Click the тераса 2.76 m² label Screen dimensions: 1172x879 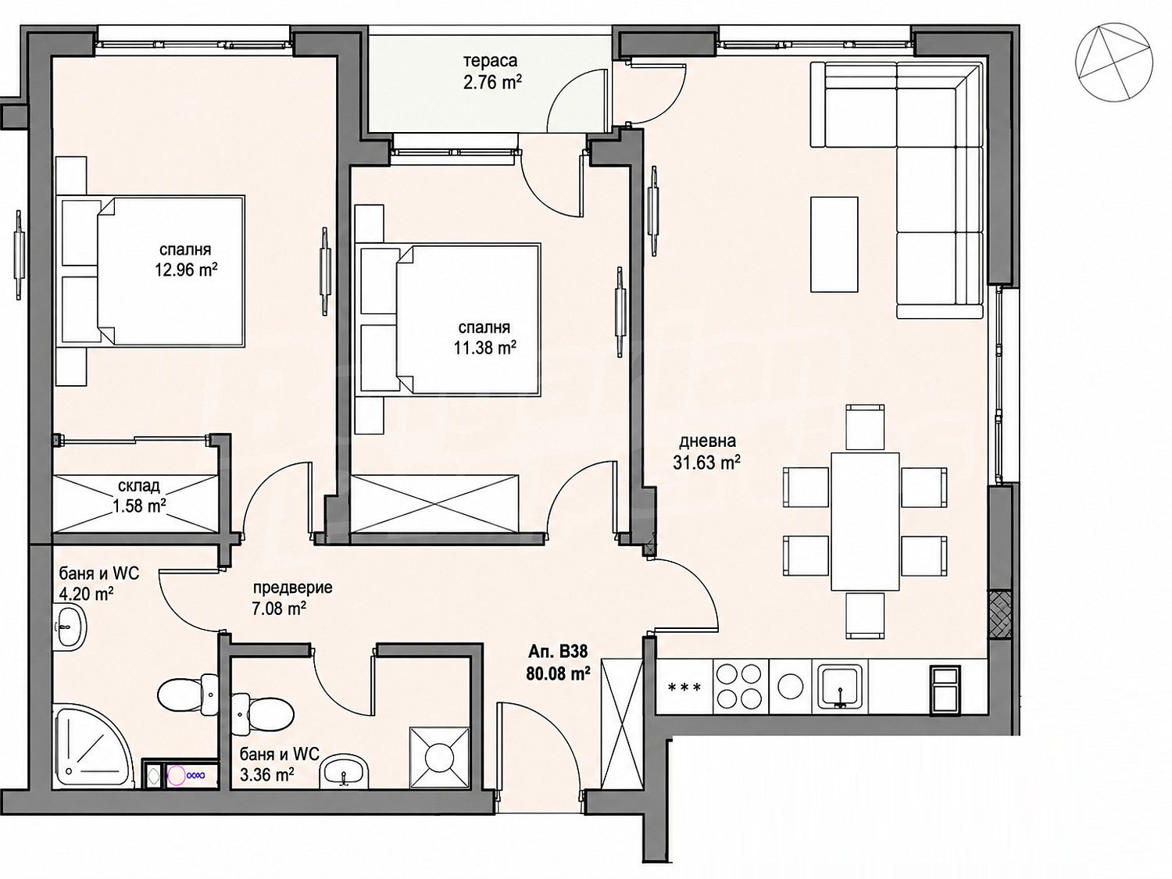[x=491, y=72]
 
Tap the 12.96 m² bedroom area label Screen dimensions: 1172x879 [x=186, y=270]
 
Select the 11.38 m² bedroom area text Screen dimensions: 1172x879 [x=485, y=348]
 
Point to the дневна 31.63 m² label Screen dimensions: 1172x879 [x=706, y=452]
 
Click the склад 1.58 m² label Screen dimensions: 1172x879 [x=139, y=496]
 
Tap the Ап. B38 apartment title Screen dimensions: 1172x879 [x=558, y=652]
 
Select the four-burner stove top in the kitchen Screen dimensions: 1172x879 [x=741, y=688]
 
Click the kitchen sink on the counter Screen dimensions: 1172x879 [x=841, y=686]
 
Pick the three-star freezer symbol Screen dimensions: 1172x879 [x=684, y=688]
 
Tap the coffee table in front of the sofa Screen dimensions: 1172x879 [x=834, y=245]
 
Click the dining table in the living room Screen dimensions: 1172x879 [x=865, y=521]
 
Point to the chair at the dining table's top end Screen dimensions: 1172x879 [x=865, y=427]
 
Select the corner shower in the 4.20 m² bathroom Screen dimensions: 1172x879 [x=92, y=745]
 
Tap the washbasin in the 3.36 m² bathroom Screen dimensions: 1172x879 [x=345, y=770]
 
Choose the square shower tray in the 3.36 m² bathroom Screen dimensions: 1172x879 [x=439, y=757]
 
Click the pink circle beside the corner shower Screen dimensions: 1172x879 [x=177, y=774]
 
